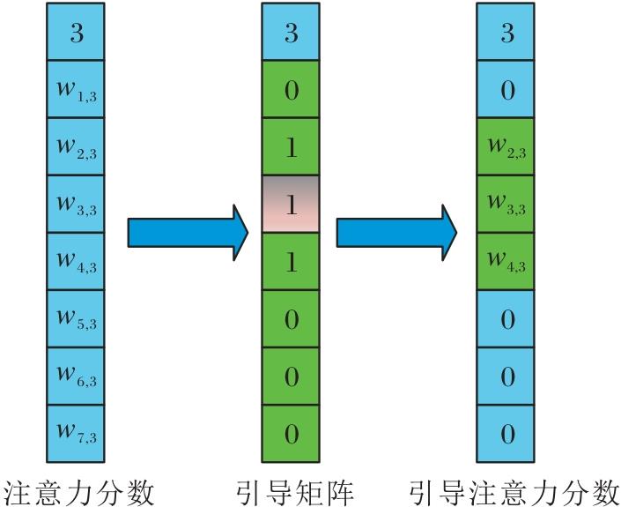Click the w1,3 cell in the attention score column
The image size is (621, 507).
[75, 88]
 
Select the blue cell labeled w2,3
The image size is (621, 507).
[75, 145]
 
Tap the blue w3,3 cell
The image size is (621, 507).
[75, 204]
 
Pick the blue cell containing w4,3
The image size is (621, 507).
[75, 261]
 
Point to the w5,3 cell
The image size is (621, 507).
[75, 318]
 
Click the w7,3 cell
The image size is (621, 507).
[75, 433]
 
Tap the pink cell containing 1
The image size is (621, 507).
[291, 204]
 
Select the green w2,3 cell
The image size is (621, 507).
[506, 145]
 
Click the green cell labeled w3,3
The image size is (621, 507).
[506, 204]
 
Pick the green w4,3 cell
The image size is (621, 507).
[506, 261]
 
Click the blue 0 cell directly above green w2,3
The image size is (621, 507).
[506, 88]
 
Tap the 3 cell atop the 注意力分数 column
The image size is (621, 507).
[75, 32]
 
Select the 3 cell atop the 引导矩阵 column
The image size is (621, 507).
[291, 32]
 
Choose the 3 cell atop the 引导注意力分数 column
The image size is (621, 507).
[506, 32]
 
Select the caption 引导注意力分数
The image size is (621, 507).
[514, 488]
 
